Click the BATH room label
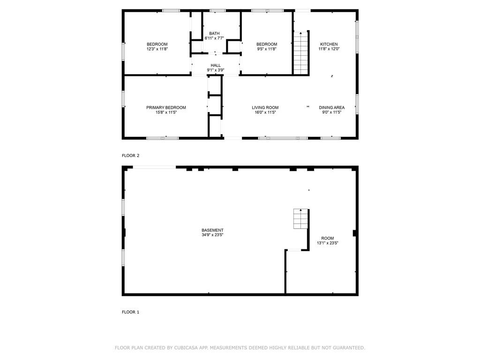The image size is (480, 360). coord(214,33)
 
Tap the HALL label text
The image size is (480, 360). coord(216,65)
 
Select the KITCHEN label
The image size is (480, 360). coord(329,44)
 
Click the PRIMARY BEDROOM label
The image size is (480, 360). coord(166,107)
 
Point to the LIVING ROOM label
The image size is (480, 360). coord(265,107)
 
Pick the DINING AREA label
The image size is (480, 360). coord(331,107)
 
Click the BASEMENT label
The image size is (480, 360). coord(212,230)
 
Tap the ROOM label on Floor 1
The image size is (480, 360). coord(327,238)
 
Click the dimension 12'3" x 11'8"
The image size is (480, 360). coord(157,49)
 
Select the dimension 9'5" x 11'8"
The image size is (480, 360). coord(267,49)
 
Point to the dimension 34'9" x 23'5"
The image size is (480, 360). coord(212,235)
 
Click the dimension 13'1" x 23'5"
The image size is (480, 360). coord(327,243)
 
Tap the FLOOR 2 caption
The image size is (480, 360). coord(130,156)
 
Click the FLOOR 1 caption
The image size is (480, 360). coord(130,312)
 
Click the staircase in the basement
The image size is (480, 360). coord(300,218)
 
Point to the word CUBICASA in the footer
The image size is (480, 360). coord(186,348)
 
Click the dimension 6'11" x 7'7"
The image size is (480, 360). coord(214,38)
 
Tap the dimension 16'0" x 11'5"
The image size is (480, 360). coord(265,112)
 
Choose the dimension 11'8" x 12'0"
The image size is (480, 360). coord(329,49)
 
